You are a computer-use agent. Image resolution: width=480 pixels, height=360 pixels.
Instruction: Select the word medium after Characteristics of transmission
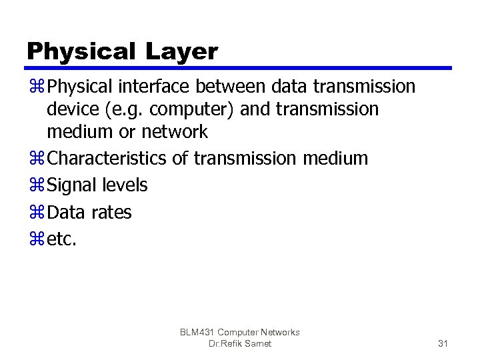coord(335,159)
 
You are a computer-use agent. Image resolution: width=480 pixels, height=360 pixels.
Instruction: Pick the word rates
coord(111,213)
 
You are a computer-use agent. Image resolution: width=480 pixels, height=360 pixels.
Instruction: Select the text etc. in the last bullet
coord(63,239)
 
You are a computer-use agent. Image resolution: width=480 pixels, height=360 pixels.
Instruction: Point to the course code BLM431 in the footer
coord(198,332)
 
